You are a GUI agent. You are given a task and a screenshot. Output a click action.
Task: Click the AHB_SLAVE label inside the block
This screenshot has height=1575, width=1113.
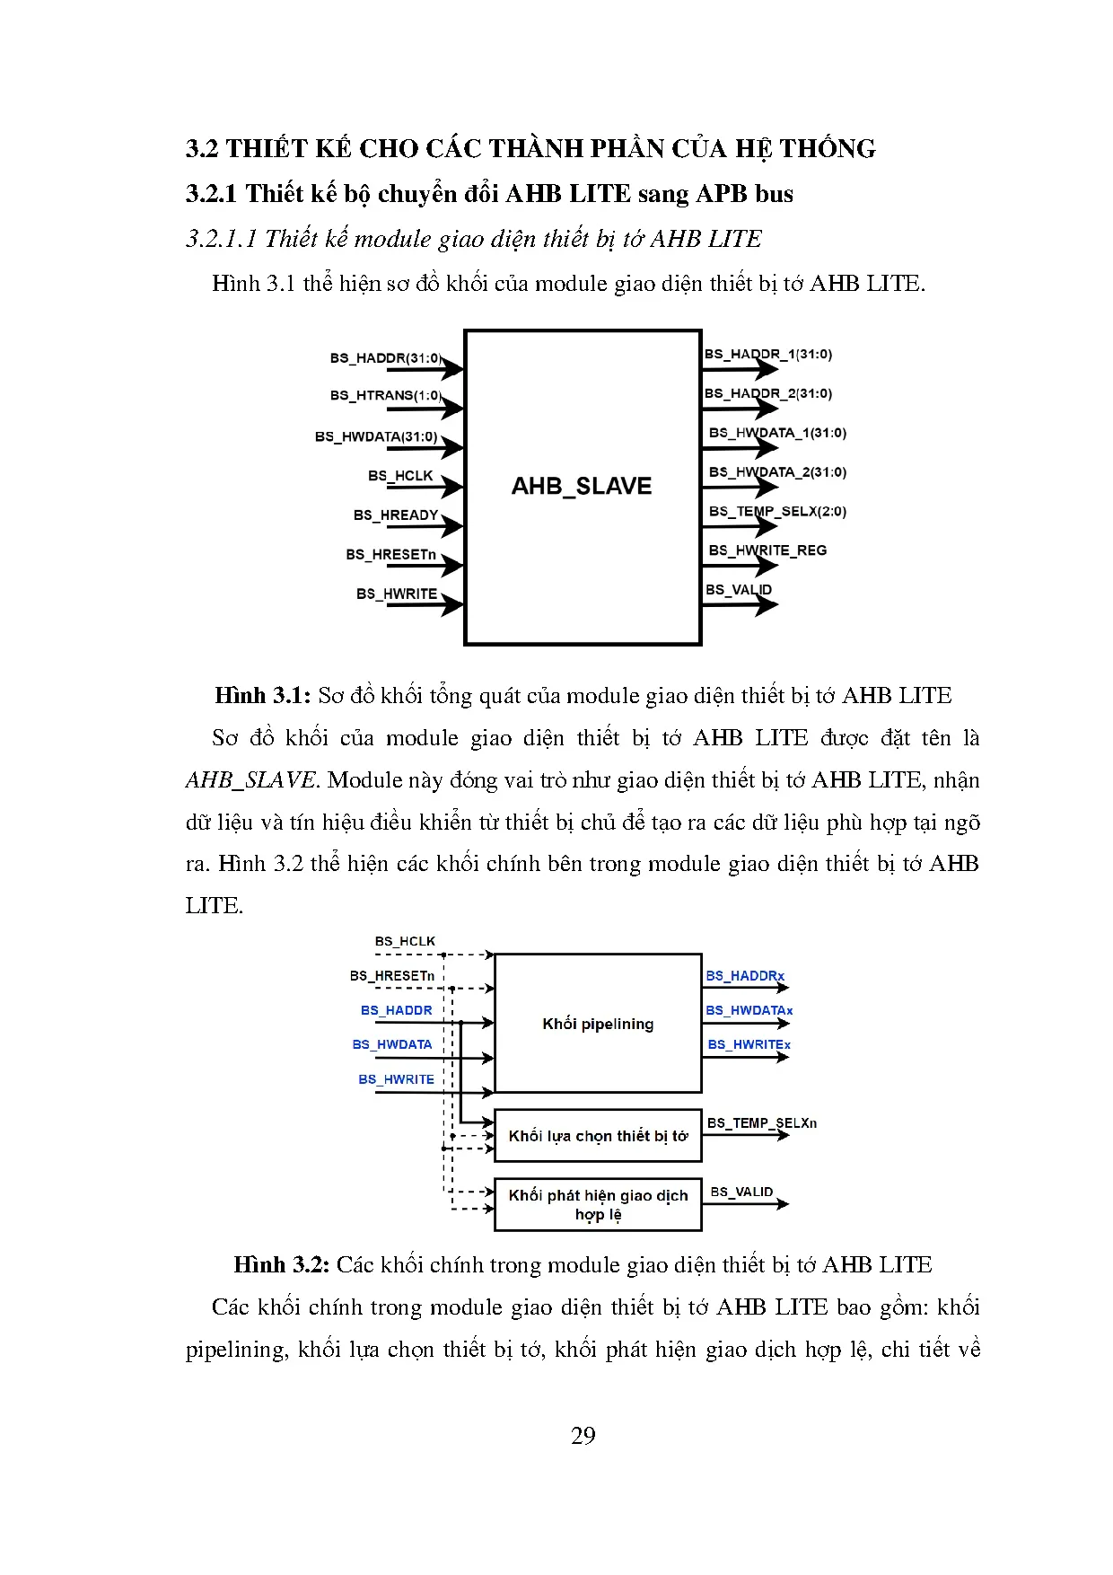(x=582, y=486)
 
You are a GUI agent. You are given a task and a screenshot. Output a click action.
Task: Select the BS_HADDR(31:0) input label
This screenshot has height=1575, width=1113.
(x=385, y=358)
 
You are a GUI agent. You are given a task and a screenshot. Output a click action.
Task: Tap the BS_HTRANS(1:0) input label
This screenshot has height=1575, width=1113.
(x=385, y=395)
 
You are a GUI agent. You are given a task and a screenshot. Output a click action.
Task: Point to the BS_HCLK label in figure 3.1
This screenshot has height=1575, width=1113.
(x=400, y=476)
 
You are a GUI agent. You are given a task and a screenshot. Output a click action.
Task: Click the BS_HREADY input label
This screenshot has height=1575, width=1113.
(x=396, y=515)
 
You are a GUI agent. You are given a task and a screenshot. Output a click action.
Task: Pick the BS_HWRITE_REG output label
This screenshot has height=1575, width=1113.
(x=767, y=550)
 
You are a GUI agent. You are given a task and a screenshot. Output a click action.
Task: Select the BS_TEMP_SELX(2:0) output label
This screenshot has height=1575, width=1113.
(x=777, y=512)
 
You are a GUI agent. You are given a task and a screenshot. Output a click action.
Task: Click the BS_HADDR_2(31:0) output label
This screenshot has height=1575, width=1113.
(x=768, y=393)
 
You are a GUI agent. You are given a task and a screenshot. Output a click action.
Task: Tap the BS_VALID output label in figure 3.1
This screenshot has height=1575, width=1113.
(x=739, y=590)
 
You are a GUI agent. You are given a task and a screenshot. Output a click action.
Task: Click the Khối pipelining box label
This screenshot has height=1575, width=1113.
(x=598, y=1024)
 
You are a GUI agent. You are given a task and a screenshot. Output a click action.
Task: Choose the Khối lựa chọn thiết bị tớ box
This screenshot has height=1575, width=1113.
(x=598, y=1136)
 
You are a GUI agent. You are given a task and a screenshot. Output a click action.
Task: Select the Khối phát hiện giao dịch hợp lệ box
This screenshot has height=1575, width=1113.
(x=598, y=1204)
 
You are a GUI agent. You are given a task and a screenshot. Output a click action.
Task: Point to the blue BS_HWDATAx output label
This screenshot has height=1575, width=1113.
(x=749, y=1010)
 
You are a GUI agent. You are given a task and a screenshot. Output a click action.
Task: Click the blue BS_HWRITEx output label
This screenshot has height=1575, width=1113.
(x=749, y=1044)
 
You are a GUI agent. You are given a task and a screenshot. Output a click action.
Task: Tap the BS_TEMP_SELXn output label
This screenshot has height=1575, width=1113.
(x=762, y=1123)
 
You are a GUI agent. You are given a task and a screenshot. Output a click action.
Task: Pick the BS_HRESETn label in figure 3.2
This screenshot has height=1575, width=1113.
(x=392, y=976)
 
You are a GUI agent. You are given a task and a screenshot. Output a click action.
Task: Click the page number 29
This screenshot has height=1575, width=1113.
(x=583, y=1436)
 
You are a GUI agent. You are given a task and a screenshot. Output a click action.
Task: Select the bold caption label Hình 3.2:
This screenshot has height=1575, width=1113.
(x=282, y=1265)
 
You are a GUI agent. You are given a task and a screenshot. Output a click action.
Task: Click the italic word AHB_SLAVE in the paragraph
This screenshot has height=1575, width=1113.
(x=251, y=780)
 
